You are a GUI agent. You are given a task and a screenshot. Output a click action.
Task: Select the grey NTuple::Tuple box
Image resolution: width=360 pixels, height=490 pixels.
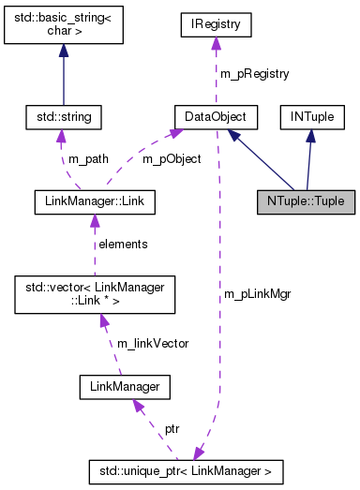[x=306, y=201]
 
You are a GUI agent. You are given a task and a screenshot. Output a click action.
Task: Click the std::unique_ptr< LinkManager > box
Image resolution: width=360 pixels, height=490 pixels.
[x=185, y=468]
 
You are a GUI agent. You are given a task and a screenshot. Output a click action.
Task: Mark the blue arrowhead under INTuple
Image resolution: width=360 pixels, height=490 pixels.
[x=309, y=136]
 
